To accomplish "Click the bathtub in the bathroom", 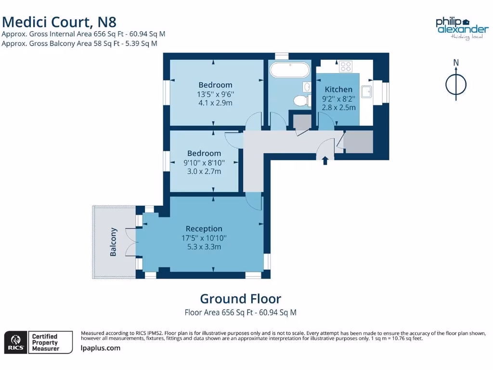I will [x=289, y=70].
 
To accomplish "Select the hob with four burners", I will [x=345, y=66].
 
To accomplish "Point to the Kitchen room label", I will [x=338, y=89].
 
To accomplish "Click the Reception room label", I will [x=204, y=228].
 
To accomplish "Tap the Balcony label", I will [x=114, y=242].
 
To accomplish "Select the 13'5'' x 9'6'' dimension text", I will [x=215, y=94].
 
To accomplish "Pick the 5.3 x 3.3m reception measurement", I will [x=204, y=247].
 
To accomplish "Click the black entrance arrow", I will [x=325, y=160].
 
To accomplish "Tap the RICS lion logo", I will [x=15, y=342].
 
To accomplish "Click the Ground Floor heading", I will [x=240, y=299].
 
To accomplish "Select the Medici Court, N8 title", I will [x=59, y=22].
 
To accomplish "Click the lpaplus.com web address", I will [x=101, y=348].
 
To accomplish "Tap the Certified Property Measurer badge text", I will [x=45, y=342].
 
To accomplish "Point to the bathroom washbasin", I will [x=307, y=87].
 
